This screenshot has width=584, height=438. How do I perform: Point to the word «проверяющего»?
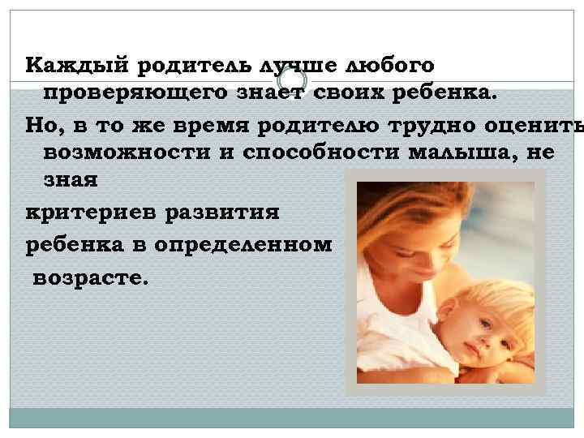121,95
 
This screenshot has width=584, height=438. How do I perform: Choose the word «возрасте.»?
90,275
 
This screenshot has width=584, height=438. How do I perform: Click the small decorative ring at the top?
293,79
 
